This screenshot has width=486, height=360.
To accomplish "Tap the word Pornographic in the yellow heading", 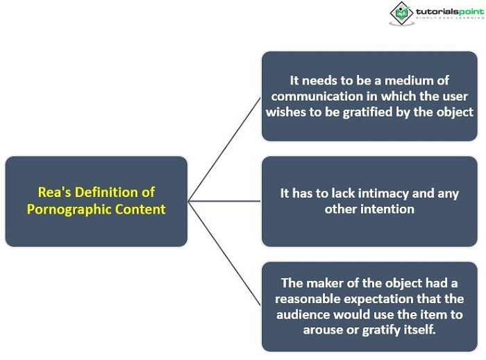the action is [69, 210].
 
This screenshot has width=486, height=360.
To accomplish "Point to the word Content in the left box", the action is [140, 209].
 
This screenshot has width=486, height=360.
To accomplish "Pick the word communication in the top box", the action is [317, 96].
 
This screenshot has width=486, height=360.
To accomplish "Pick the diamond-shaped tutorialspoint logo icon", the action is [402, 13].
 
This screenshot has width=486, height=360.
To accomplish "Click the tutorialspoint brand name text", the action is [450, 12].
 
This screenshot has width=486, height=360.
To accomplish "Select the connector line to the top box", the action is [224, 149].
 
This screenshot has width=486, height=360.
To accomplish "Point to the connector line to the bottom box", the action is [224, 253].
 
